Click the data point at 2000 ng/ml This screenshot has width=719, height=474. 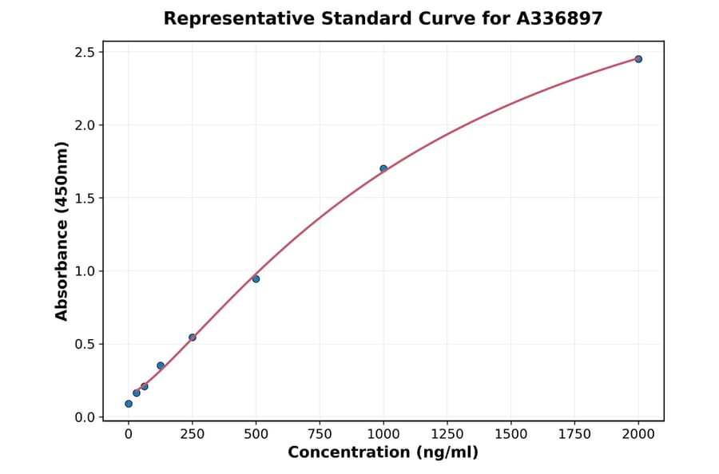pos(638,59)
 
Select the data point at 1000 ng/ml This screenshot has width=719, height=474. pos(383,168)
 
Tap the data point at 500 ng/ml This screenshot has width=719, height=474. pos(256,278)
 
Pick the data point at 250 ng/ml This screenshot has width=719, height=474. pos(193,337)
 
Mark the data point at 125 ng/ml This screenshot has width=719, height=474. pos(161,365)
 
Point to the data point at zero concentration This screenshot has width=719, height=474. pos(129,404)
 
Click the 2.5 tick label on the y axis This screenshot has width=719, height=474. pos(85,53)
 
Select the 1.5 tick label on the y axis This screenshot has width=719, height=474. pos(85,198)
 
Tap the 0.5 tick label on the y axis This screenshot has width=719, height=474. pos(85,345)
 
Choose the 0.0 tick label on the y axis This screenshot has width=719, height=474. pos(85,417)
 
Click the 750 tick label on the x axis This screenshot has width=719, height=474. pos(320,434)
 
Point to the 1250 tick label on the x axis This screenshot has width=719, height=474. pos(447,434)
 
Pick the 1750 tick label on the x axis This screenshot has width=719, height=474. pos(574,434)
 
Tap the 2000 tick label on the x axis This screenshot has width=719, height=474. pos(638,434)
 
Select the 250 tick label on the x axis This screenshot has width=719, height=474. pos(193,434)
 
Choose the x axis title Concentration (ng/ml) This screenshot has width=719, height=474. pos(383,453)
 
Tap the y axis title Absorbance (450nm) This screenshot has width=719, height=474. pos(62,231)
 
